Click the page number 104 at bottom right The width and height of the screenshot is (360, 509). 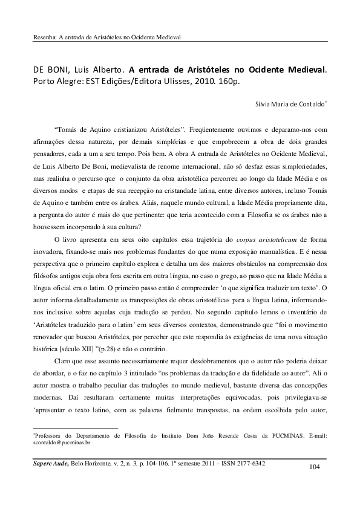[x=313, y=467]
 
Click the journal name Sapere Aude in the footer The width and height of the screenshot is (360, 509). [x=51, y=462]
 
